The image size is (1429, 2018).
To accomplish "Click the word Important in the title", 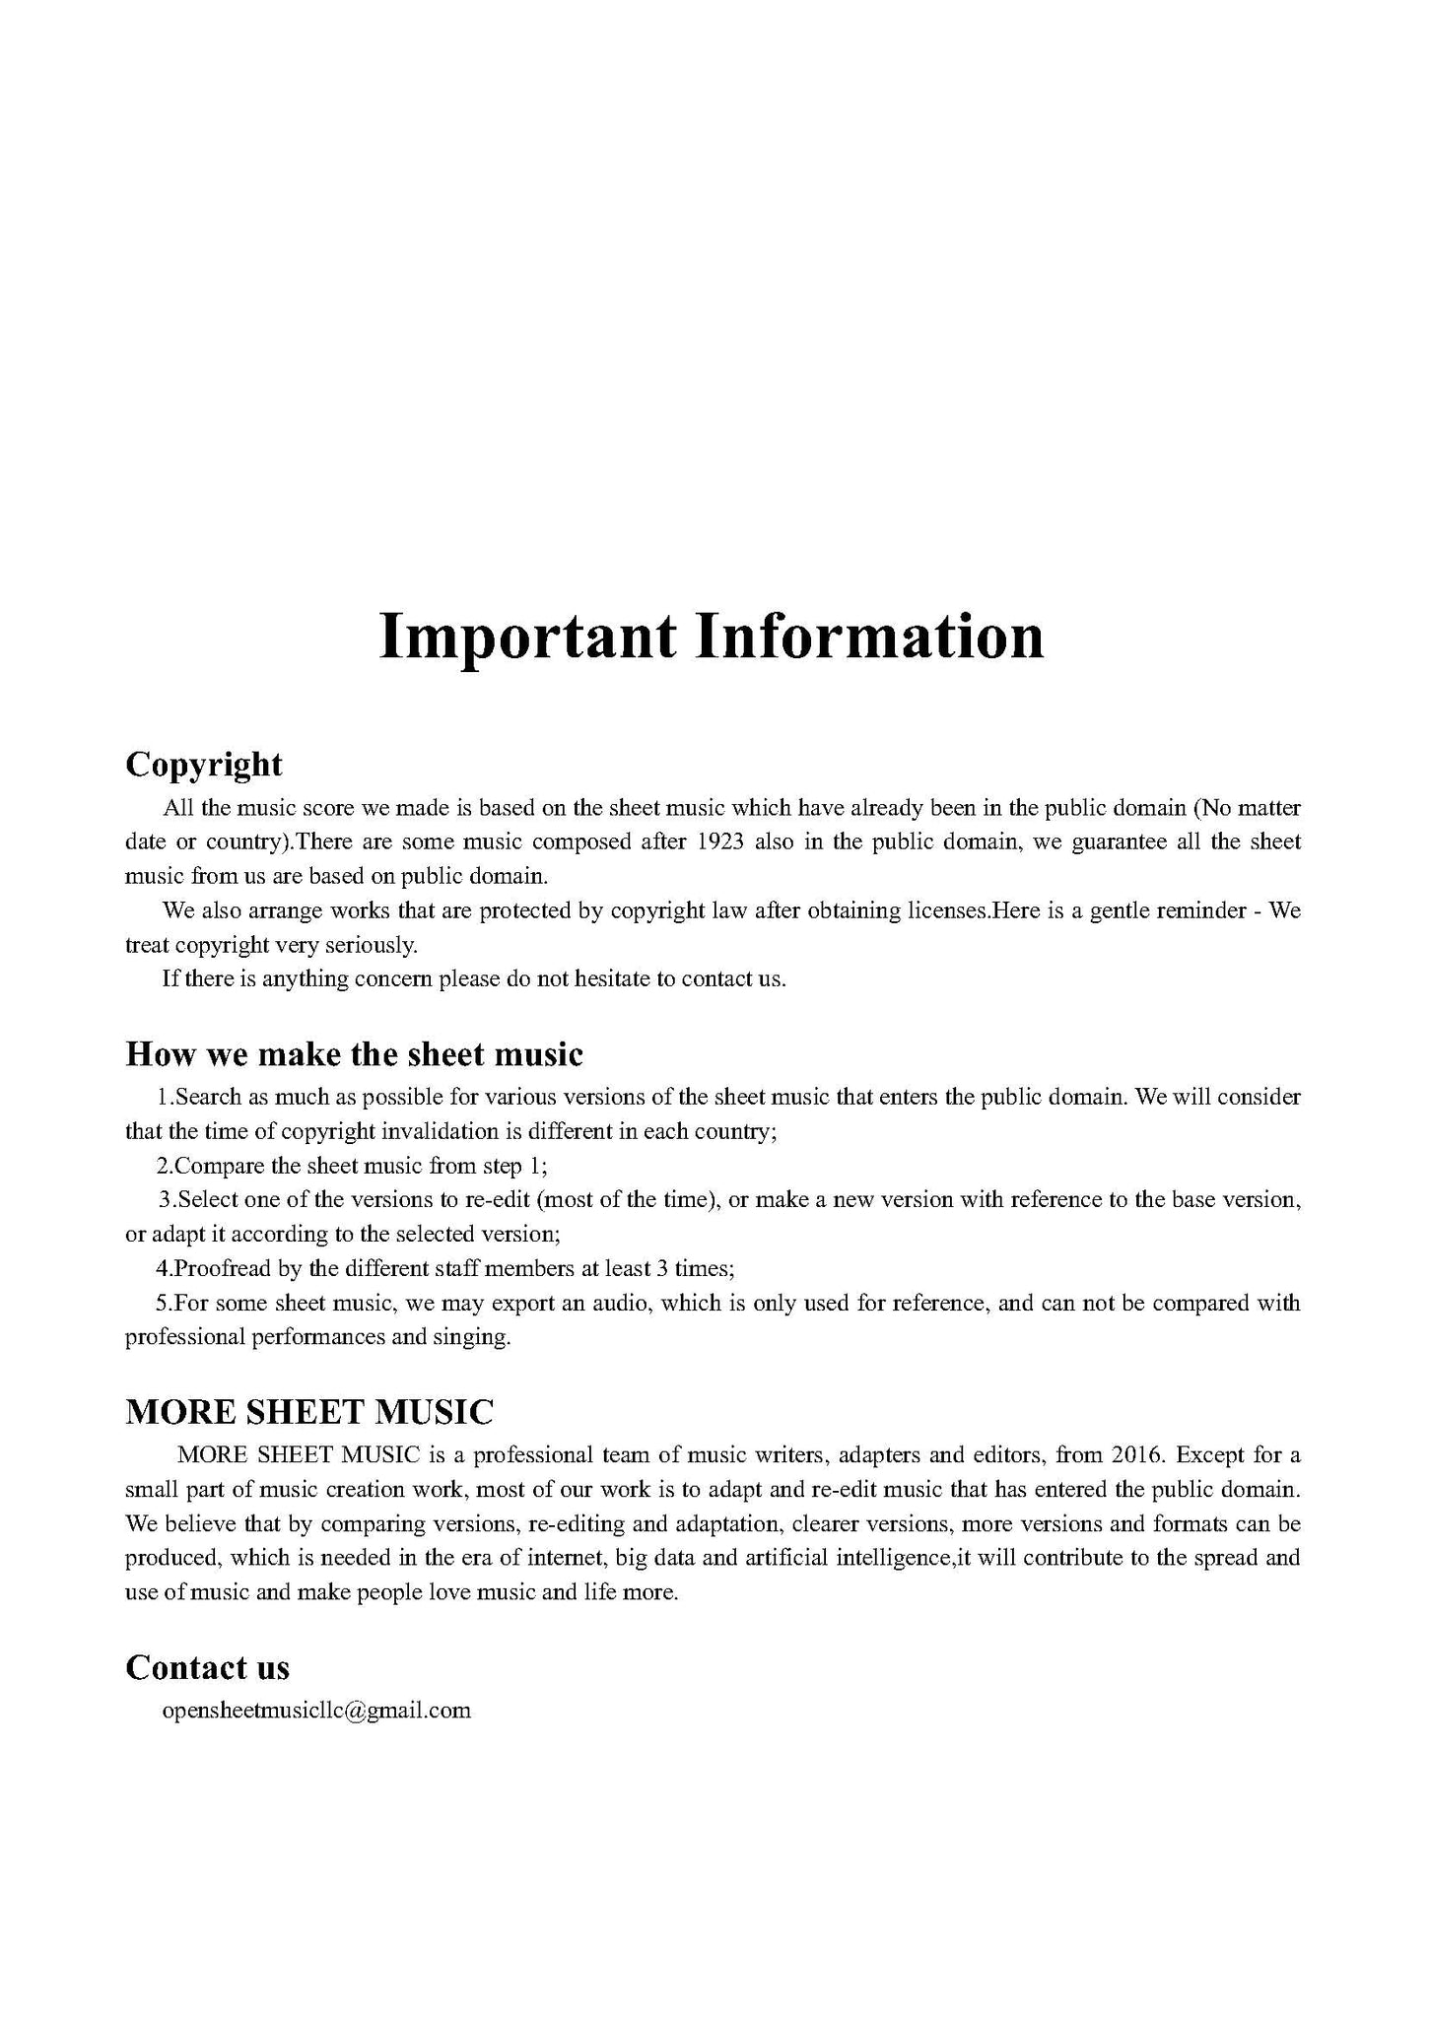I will pos(527,638).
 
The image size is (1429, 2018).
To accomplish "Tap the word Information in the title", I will pos(870,638).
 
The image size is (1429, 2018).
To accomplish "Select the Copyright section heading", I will pos(204,764).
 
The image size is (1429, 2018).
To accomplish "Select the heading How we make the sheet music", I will pos(355,1054).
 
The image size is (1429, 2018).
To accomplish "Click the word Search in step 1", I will pos(201,1097).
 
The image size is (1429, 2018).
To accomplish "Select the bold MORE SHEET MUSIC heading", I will pos(309,1412).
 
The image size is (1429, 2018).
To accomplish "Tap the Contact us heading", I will pos(208,1667).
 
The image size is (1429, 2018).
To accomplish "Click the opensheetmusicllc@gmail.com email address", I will pos(316,1710).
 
